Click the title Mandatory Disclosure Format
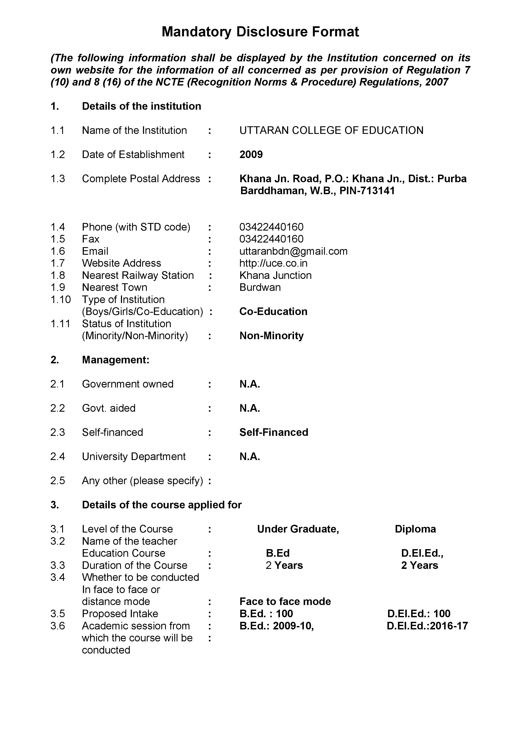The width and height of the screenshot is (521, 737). click(260, 32)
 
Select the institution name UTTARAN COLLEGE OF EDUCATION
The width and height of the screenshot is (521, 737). click(331, 130)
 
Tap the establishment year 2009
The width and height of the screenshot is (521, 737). click(251, 154)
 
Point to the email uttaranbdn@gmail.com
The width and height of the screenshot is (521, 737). click(293, 251)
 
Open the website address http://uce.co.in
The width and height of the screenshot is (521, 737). click(273, 263)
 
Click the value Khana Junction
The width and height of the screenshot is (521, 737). click(275, 276)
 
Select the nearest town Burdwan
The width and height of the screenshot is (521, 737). click(260, 287)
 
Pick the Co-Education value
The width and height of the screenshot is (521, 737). click(273, 311)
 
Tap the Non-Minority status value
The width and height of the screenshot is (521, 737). click(271, 336)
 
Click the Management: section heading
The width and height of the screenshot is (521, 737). click(115, 360)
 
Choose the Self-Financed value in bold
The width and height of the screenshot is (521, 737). click(274, 432)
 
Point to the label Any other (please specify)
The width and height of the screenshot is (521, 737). click(142, 481)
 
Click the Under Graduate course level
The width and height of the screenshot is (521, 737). click(298, 529)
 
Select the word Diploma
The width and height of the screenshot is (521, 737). click(415, 529)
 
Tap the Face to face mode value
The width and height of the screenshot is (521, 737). click(285, 601)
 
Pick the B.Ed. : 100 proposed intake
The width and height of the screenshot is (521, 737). click(266, 613)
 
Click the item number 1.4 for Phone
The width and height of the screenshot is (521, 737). click(58, 227)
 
